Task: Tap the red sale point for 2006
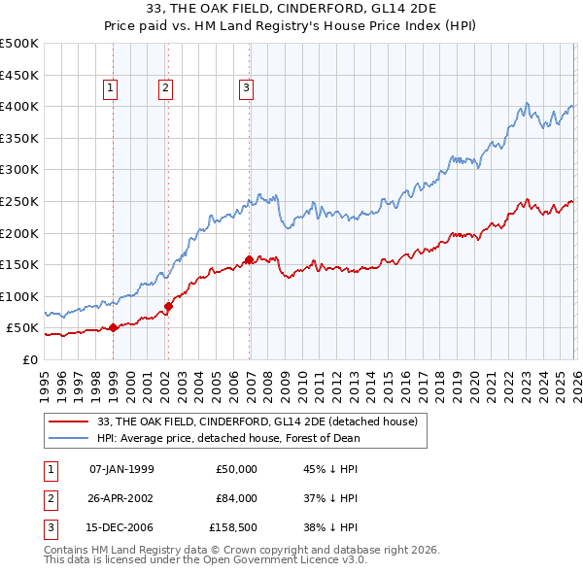[249, 259]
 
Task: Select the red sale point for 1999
[113, 327]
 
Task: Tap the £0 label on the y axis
[29, 359]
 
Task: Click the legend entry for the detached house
[257, 421]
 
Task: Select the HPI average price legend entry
[228, 438]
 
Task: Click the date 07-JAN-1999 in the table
[121, 469]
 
